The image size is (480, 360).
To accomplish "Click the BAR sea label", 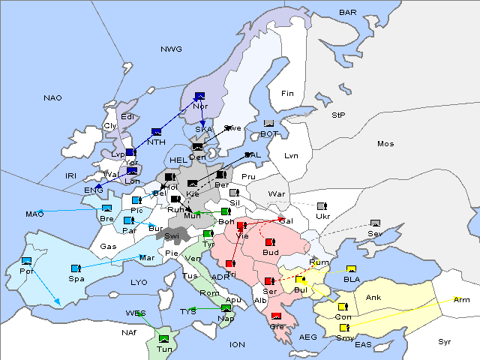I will click(348, 13).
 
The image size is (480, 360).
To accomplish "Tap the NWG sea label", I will click(171, 49).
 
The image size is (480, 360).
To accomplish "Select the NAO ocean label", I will click(52, 98).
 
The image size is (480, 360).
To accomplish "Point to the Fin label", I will click(287, 94).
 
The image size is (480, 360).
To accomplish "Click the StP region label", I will click(338, 115).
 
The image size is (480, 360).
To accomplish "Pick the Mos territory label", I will click(385, 143).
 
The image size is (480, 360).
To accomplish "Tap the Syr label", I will click(445, 341).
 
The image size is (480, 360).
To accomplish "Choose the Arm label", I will click(462, 299).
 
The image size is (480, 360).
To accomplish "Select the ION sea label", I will click(237, 344).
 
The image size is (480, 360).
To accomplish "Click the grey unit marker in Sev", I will click(375, 223).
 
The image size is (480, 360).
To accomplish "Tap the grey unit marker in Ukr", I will click(322, 206).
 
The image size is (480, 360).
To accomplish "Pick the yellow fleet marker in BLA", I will click(351, 269).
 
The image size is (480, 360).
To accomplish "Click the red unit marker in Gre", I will click(276, 316).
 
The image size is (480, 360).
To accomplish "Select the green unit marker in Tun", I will click(164, 339).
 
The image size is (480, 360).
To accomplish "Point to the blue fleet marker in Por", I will click(27, 261).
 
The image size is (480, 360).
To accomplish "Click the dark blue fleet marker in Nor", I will click(199, 96).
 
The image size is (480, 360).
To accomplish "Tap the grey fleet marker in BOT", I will click(268, 124).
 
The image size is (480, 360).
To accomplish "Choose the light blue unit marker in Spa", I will click(75, 268).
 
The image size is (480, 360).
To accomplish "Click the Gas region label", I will click(109, 246).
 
